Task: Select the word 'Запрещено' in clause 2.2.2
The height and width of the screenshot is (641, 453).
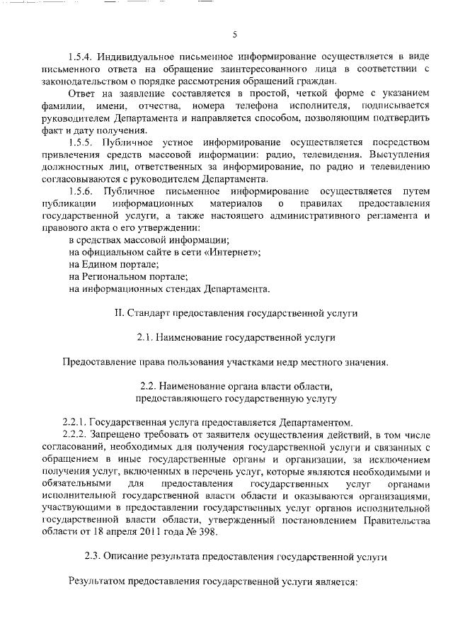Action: click(124, 434)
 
